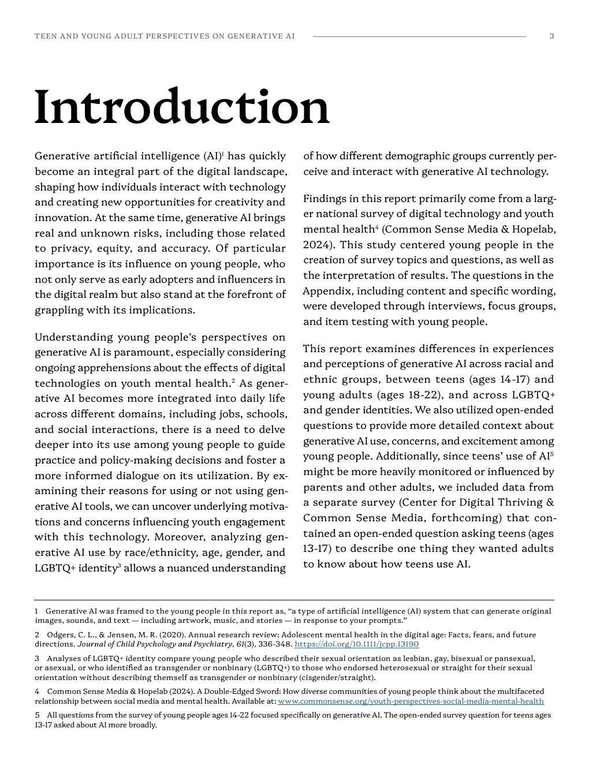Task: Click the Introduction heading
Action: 182,107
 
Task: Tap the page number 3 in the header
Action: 551,36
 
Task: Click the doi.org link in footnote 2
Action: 356,644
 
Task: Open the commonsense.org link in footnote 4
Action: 411,701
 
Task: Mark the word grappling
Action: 59,310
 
